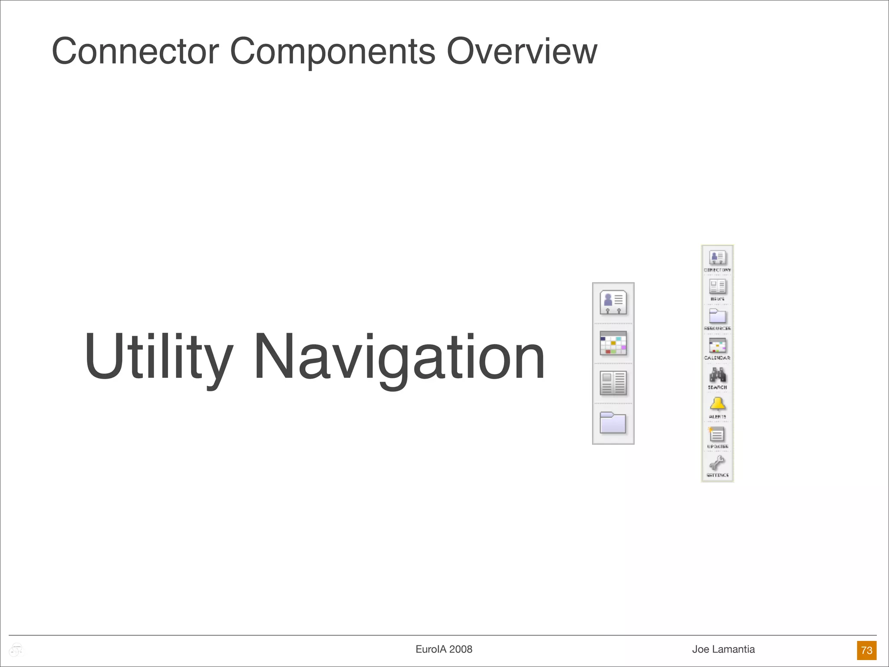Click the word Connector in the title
(x=135, y=51)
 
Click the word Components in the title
(x=332, y=52)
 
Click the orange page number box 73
(x=866, y=650)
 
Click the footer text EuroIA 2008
(x=444, y=649)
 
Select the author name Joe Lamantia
(x=723, y=649)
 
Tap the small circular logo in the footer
(x=16, y=650)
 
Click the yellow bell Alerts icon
(x=718, y=404)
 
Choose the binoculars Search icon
(x=718, y=375)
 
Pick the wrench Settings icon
(x=718, y=463)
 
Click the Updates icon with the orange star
(x=717, y=434)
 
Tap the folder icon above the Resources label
(x=718, y=316)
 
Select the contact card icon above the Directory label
(x=718, y=257)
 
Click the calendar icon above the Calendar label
(x=718, y=346)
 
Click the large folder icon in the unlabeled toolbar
(x=613, y=423)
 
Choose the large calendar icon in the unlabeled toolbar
(x=613, y=343)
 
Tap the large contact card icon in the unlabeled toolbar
(x=613, y=302)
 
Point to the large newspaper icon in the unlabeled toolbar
(x=613, y=383)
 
